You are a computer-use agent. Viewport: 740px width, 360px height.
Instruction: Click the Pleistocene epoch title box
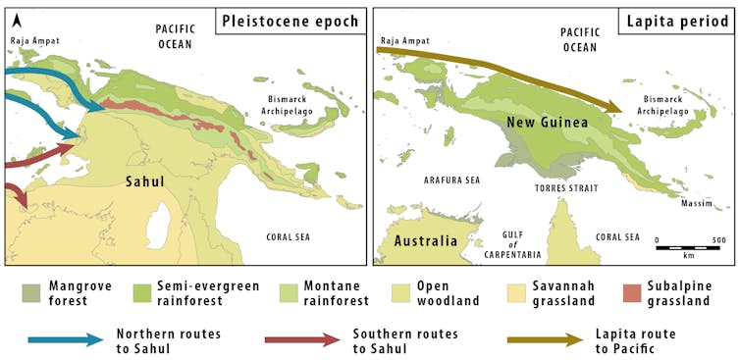pos(291,22)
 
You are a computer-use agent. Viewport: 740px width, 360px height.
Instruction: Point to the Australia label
pos(425,240)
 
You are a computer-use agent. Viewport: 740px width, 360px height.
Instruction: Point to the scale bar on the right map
pos(690,247)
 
